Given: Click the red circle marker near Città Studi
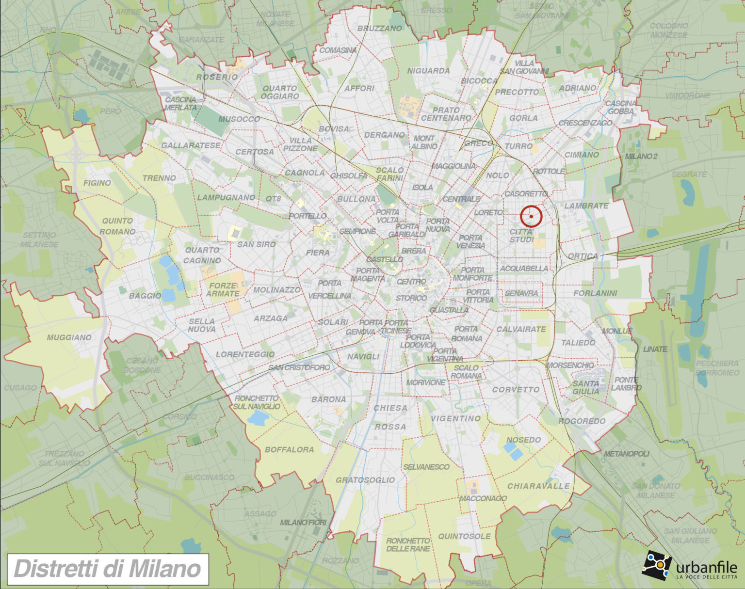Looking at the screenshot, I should tap(531, 217).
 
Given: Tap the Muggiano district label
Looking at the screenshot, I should tap(69, 337).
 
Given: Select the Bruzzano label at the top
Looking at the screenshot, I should tap(379, 29).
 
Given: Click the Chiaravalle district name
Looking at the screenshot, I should tap(538, 486).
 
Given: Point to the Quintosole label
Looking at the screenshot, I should tap(464, 536).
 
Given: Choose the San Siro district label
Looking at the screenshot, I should tap(256, 244).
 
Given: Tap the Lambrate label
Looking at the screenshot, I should tap(586, 206).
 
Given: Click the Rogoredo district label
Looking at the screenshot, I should tap(582, 421).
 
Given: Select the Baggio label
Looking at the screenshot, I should tap(145, 296).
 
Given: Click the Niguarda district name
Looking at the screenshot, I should tap(428, 71).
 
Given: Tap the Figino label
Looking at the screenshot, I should tap(97, 183).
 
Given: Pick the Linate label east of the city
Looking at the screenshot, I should tap(655, 349).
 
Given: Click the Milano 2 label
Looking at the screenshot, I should tap(641, 156).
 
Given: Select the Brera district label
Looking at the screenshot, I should tap(414, 251).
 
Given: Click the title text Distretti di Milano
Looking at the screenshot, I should tap(108, 569).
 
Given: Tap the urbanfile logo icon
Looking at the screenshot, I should tap(657, 564).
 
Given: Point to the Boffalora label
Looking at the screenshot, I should tap(289, 449).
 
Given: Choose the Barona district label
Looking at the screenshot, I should tap(328, 399).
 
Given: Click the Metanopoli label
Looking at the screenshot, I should tap(626, 454).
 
